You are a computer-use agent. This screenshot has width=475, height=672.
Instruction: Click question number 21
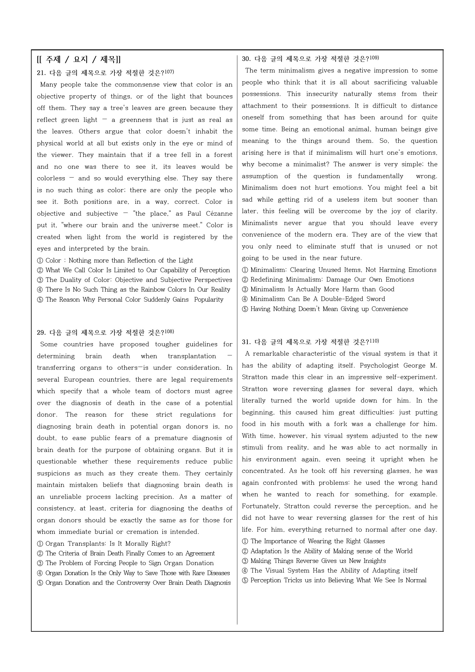(x=41, y=73)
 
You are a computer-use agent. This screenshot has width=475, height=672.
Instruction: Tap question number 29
(x=41, y=333)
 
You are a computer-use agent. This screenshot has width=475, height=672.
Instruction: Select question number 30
(x=246, y=59)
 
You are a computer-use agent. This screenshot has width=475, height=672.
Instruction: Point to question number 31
(x=246, y=342)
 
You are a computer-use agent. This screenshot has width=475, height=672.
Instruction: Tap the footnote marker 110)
(x=374, y=341)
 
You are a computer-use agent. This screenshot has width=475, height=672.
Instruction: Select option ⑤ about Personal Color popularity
(x=130, y=300)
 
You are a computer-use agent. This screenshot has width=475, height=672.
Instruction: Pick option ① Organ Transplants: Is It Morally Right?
(x=104, y=544)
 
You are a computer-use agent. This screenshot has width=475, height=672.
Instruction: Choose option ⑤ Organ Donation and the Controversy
(x=134, y=583)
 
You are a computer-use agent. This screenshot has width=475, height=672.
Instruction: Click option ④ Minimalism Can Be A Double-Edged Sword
(x=313, y=299)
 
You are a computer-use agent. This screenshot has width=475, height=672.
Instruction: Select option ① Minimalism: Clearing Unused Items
(x=339, y=270)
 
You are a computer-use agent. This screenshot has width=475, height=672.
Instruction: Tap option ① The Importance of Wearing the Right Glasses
(x=313, y=541)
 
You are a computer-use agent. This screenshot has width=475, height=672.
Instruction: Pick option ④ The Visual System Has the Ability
(x=330, y=571)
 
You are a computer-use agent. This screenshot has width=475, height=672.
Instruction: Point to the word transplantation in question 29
(x=192, y=356)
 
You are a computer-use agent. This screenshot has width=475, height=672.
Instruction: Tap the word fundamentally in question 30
(x=381, y=176)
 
